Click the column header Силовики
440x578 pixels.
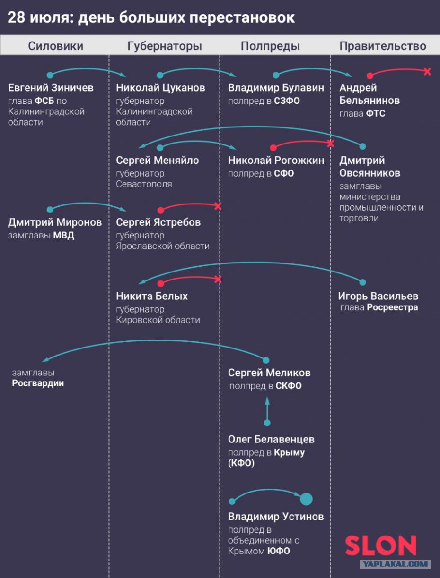coord(56,46)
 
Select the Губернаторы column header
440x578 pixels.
coord(165,46)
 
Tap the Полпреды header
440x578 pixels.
coord(270,46)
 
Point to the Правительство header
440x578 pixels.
coord(383,46)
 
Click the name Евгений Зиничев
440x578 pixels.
coord(51,88)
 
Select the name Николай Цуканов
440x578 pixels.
coord(160,88)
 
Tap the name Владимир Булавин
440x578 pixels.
coord(276,88)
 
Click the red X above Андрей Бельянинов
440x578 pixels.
coord(427,71)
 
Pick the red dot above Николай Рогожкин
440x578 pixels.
coord(273,148)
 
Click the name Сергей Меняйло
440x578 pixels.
coord(158,161)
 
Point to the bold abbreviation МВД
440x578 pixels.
coord(63,236)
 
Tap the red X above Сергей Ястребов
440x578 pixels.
coord(218,206)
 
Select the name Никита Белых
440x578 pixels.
coord(152,296)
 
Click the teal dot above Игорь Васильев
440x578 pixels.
coord(363,282)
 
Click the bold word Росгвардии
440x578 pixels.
coord(38,383)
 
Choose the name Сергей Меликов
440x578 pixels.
coord(269,373)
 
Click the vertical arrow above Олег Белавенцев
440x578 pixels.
coord(267,411)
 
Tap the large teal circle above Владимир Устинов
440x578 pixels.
coord(306,499)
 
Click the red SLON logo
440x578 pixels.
coord(381,545)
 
